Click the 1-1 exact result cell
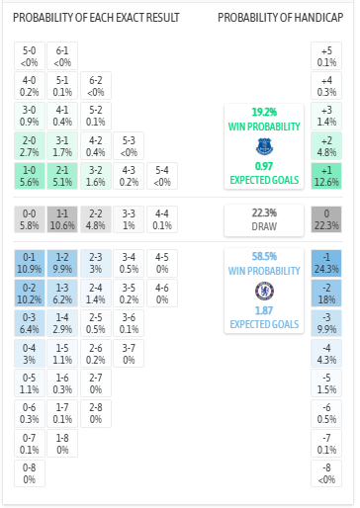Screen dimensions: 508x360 pyautogui.click(x=62, y=219)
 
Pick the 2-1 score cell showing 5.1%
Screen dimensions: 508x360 pyautogui.click(x=62, y=176)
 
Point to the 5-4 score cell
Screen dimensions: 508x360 pyautogui.click(x=160, y=176)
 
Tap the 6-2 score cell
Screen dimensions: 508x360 pyautogui.click(x=95, y=87)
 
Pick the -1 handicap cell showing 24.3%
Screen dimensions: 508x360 pyautogui.click(x=326, y=263)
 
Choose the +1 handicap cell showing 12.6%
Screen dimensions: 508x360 pyautogui.click(x=326, y=176)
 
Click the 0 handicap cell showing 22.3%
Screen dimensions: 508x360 pyautogui.click(x=326, y=219)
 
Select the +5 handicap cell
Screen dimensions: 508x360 pyautogui.click(x=326, y=57)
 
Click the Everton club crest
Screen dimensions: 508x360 pyautogui.click(x=263, y=146)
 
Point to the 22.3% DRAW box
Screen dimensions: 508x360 pyautogui.click(x=263, y=219)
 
